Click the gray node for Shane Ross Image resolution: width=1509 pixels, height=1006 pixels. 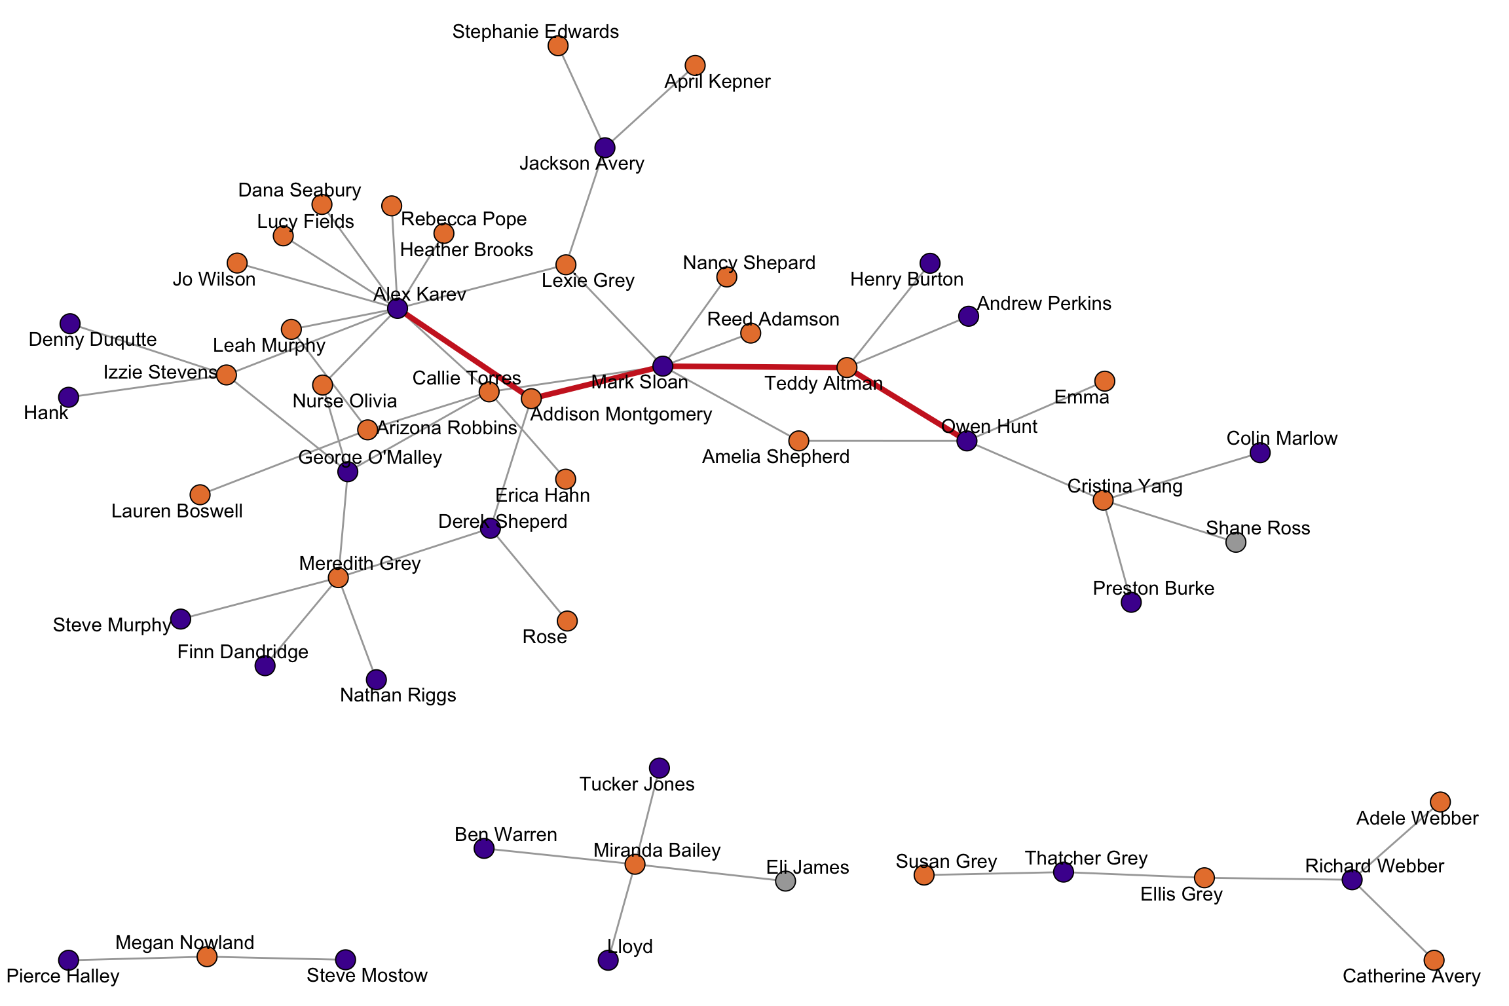[1235, 542]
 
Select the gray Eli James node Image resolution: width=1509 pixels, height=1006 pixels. [785, 881]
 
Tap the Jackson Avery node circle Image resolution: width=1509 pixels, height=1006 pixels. [605, 148]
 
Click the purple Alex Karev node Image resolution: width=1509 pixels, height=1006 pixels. [398, 308]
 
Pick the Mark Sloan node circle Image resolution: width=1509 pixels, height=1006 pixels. [663, 366]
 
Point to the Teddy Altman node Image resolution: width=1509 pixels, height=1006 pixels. [847, 367]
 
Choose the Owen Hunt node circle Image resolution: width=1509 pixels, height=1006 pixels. [967, 441]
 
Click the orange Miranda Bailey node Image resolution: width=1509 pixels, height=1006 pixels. [635, 865]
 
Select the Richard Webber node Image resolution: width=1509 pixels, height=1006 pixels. [1352, 880]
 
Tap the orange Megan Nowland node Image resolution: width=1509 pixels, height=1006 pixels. [207, 957]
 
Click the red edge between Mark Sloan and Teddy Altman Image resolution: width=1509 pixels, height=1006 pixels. [753, 367]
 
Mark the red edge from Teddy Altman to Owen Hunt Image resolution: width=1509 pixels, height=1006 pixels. [907, 404]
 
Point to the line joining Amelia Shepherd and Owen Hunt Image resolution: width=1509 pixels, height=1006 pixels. [884, 441]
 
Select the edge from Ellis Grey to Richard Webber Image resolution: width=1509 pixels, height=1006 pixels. [1277, 878]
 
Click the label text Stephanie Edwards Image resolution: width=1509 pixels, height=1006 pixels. [535, 31]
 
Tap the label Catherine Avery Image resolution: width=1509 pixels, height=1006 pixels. [1411, 977]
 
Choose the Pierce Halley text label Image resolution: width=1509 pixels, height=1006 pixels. [63, 977]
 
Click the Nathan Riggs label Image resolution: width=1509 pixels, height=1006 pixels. [398, 695]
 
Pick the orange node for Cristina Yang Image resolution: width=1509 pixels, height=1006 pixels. [1103, 500]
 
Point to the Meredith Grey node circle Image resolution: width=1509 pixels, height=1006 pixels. [338, 578]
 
